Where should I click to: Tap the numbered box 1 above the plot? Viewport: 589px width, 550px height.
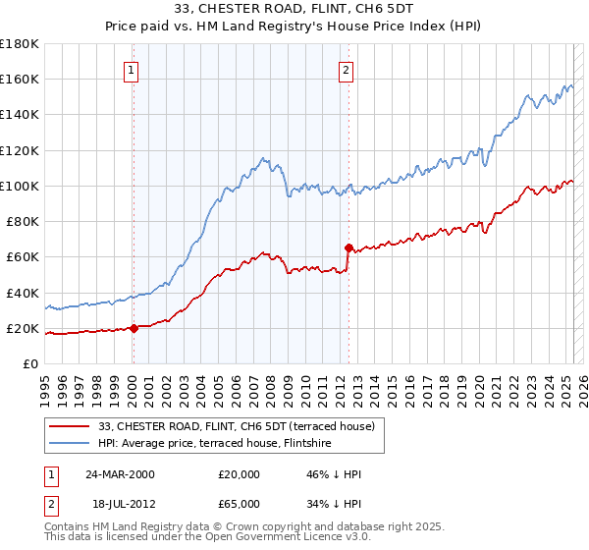point(132,70)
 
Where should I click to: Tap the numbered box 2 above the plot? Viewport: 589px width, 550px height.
point(347,70)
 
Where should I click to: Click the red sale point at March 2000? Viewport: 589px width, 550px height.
point(134,329)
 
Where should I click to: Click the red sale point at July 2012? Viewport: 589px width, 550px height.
point(348,247)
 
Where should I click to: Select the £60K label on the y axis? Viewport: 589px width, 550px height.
point(23,256)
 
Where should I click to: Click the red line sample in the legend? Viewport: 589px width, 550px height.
point(70,426)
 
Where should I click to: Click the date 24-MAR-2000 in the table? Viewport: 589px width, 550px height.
point(121,474)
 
